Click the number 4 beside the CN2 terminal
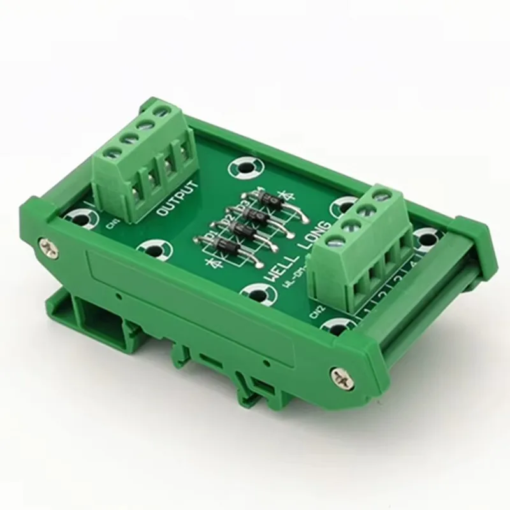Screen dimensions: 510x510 click(413, 266)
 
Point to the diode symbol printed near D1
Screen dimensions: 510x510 click(208, 262)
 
